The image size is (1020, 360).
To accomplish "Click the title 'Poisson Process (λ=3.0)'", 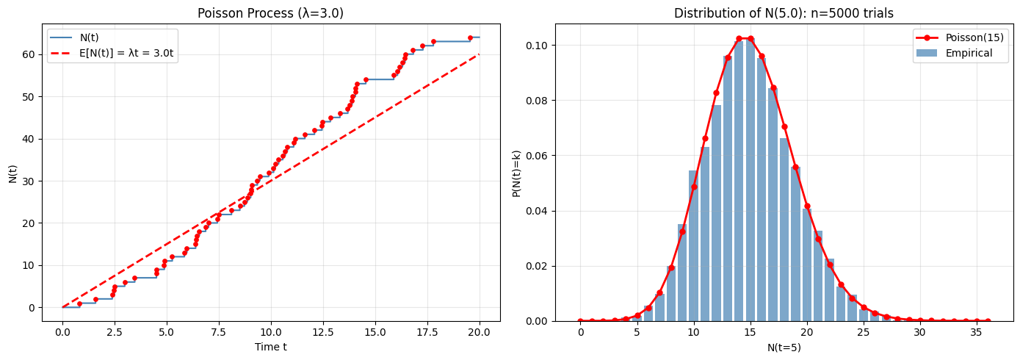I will (x=270, y=12).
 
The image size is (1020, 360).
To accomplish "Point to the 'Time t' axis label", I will (x=270, y=347).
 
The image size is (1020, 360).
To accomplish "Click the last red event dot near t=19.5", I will (x=470, y=37).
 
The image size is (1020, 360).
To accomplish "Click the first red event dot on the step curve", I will (x=79, y=303).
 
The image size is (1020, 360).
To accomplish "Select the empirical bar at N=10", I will (x=694, y=246).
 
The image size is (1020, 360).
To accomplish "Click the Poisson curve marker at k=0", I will (x=580, y=321).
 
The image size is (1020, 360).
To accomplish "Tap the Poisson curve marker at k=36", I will (x=988, y=321).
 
